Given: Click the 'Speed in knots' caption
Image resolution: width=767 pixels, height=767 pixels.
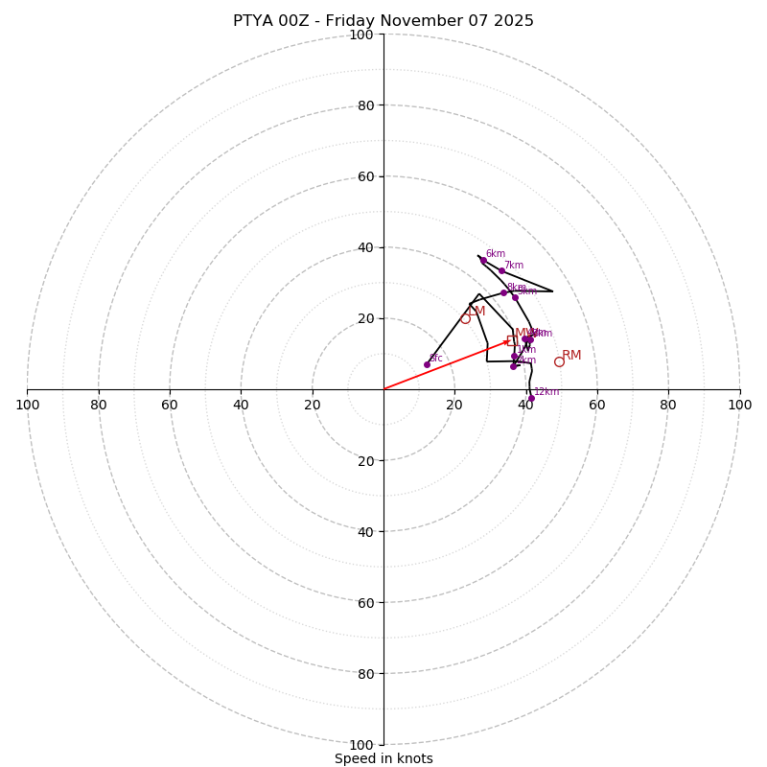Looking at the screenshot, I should click(383, 758).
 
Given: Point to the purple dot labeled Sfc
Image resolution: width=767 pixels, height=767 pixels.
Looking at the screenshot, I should click(427, 364).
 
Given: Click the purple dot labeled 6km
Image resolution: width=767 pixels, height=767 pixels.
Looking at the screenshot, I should click(483, 261).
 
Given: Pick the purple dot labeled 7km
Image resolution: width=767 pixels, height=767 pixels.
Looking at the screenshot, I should click(501, 271).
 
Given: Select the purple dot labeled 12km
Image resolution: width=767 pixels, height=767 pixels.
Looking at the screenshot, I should click(531, 398).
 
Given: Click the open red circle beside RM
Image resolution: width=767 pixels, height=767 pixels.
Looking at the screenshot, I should click(559, 361).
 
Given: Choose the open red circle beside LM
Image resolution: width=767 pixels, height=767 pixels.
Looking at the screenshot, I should click(465, 318).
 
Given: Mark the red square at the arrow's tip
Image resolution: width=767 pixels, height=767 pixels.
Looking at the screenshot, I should click(512, 340).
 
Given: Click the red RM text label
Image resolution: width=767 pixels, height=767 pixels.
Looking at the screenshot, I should click(571, 356).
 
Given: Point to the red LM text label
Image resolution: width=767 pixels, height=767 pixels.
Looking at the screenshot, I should click(476, 311).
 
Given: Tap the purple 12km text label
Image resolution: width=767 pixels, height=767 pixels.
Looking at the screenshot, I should click(546, 391).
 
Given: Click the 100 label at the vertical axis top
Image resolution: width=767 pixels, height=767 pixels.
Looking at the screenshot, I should click(360, 35).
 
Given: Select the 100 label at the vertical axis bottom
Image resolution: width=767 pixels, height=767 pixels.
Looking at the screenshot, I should click(360, 745).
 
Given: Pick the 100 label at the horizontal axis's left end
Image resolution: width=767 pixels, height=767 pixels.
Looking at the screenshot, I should click(27, 405).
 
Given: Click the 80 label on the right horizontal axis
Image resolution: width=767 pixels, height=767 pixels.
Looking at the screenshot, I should click(668, 405).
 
